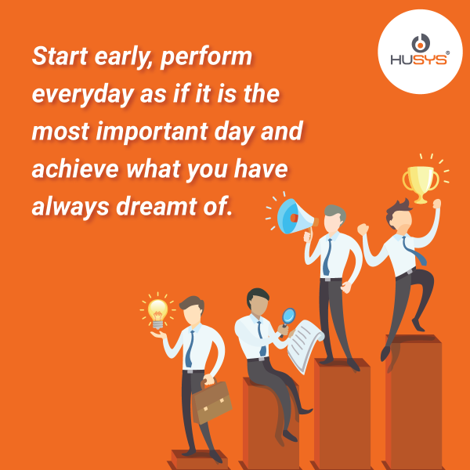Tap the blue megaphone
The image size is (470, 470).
(x=295, y=217)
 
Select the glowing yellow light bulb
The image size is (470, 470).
(x=157, y=313)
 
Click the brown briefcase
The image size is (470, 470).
(x=211, y=402)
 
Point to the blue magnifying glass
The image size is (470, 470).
(x=287, y=320)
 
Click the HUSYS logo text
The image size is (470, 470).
(x=418, y=60)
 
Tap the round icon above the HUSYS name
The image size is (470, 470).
(x=421, y=43)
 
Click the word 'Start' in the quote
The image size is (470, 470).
(x=60, y=56)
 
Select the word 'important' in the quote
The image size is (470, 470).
(x=152, y=132)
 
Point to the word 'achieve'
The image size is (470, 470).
(x=75, y=168)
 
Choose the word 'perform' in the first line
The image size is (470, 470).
(x=206, y=57)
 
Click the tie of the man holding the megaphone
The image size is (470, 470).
(x=327, y=257)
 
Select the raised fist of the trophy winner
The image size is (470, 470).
(x=436, y=204)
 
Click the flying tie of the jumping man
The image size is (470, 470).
(x=414, y=251)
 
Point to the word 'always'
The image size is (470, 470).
(x=70, y=207)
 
